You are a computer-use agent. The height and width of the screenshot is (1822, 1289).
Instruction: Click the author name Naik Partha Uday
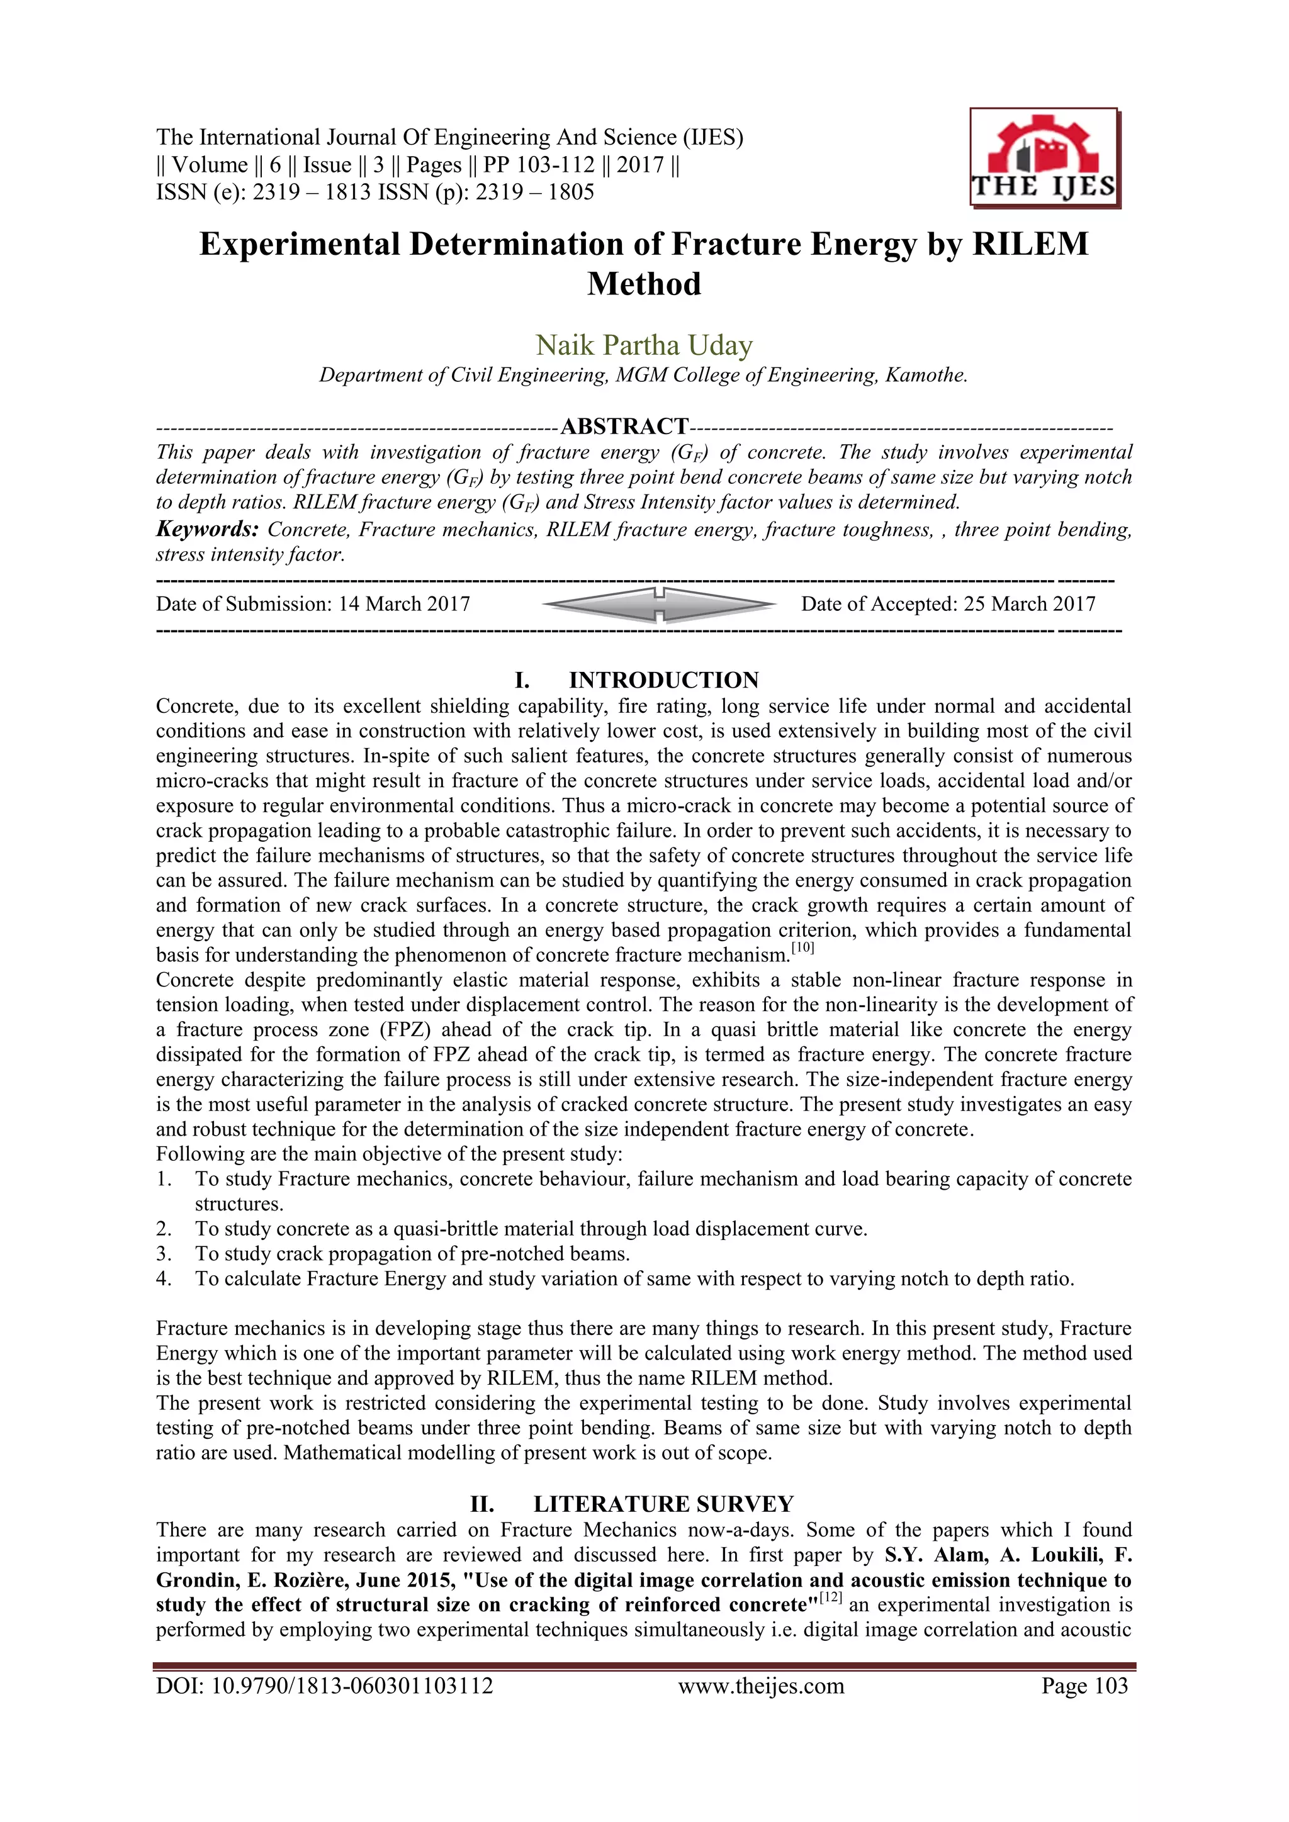coord(644,345)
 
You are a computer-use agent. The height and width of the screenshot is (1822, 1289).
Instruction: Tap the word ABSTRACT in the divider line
coord(624,427)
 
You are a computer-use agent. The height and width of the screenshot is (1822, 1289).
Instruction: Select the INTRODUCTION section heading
coord(663,680)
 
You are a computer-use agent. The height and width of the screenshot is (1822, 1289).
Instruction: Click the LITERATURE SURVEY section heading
coord(663,1504)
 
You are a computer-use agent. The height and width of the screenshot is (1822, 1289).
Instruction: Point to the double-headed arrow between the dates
coord(660,605)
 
